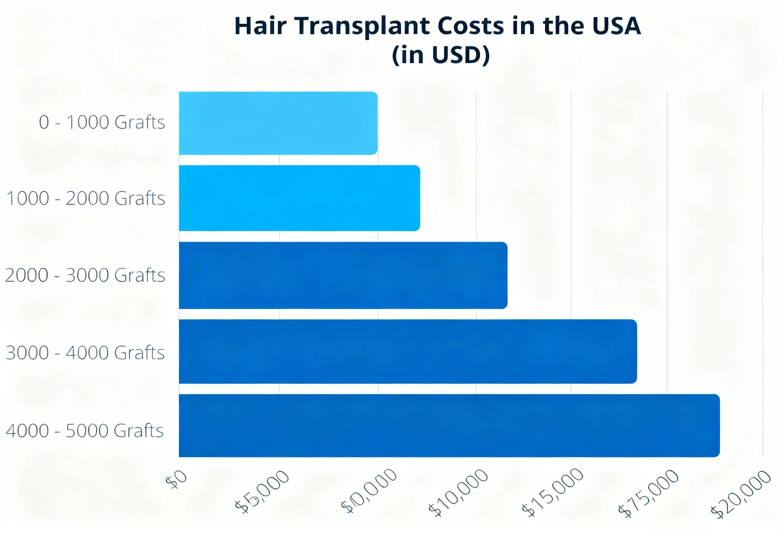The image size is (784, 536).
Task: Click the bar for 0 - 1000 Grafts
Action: [x=278, y=123]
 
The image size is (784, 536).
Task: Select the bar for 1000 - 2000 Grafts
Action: [x=299, y=198]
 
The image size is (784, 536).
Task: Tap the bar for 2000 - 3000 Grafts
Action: [x=343, y=275]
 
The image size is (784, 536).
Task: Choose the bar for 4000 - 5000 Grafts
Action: [x=449, y=426]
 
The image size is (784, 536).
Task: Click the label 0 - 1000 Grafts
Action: [x=102, y=122]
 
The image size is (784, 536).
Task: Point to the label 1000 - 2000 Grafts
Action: [x=86, y=198]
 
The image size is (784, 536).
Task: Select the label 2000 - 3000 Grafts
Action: [x=85, y=275]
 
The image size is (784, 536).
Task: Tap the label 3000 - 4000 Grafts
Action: [x=85, y=353]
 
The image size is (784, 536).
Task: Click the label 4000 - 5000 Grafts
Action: [x=85, y=430]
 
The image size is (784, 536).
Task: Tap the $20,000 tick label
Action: [x=741, y=493]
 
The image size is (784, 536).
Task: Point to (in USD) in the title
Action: [x=441, y=55]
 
